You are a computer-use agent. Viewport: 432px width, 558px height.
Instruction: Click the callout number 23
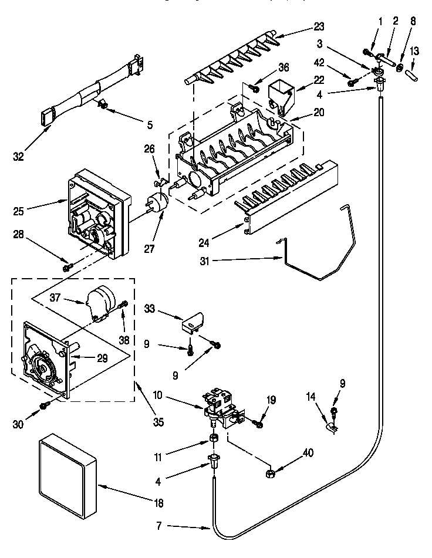(319, 27)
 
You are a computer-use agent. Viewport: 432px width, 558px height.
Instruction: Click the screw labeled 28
(66, 268)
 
